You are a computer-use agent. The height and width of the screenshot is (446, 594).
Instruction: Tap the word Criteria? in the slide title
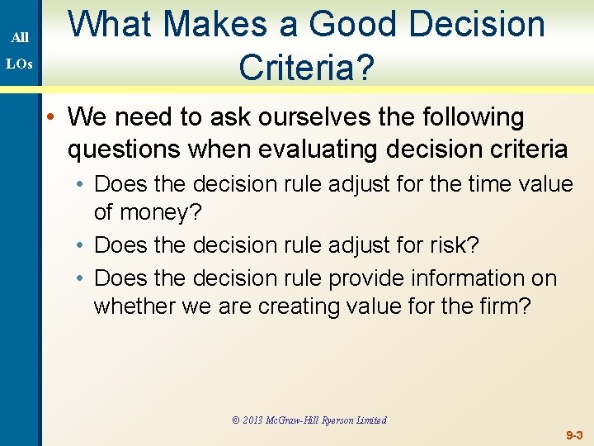(x=306, y=68)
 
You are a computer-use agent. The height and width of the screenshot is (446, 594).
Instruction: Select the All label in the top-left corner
(x=21, y=37)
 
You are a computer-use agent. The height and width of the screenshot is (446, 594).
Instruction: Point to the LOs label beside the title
(x=21, y=64)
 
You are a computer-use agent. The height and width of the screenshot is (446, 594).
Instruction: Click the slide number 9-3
(x=574, y=434)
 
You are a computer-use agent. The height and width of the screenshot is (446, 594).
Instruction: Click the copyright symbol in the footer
(x=236, y=420)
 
